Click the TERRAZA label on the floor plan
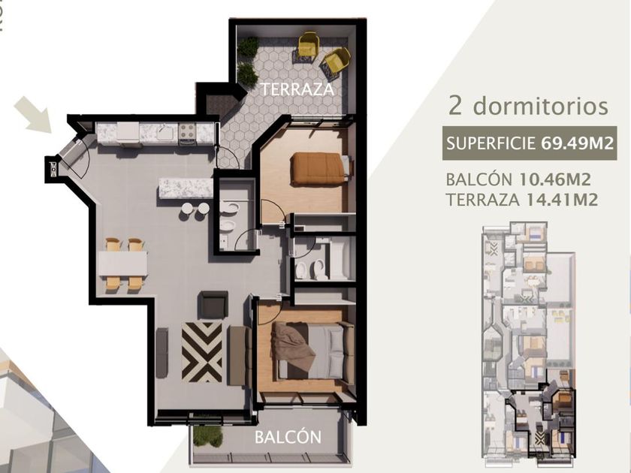[x=297, y=89]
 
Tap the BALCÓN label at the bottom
[x=288, y=437]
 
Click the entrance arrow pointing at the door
[x=33, y=114]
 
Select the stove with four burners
[x=187, y=132]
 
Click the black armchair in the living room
[x=213, y=305]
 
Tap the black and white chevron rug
[x=201, y=352]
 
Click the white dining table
[x=122, y=264]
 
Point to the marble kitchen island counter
[x=186, y=188]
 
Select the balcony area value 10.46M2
[x=555, y=179]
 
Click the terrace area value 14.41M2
[x=562, y=200]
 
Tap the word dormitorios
[x=540, y=106]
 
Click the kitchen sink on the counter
[x=165, y=131]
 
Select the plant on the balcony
[x=207, y=436]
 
